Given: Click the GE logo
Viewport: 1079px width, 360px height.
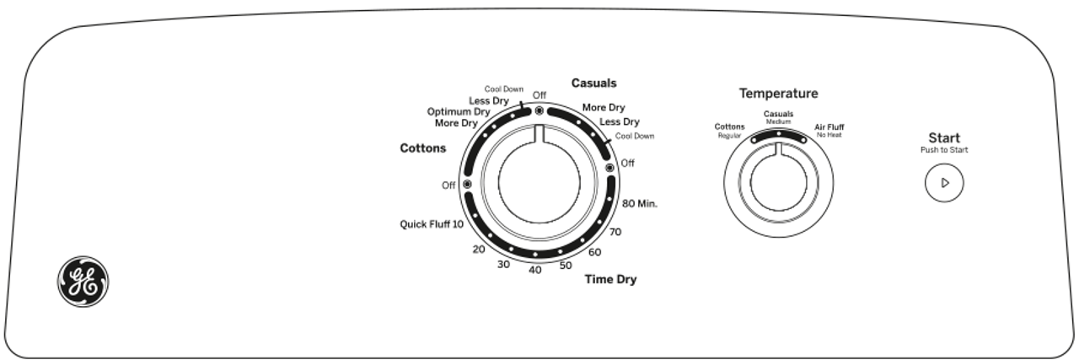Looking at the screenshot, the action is [83, 282].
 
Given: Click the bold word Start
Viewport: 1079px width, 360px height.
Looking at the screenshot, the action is [944, 138].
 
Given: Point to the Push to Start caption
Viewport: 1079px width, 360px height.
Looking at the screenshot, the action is [944, 151].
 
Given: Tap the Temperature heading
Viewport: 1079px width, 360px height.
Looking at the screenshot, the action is [779, 94].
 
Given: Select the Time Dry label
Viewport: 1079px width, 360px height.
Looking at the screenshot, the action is [610, 280].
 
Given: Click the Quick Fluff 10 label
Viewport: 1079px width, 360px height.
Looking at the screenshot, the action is [432, 224].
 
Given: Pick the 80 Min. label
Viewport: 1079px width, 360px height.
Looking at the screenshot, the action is [640, 204].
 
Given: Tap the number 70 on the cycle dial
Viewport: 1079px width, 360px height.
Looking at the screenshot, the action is [615, 232].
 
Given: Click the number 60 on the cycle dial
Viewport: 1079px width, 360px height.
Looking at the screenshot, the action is [594, 252].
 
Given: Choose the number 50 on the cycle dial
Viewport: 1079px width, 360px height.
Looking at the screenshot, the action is [565, 266].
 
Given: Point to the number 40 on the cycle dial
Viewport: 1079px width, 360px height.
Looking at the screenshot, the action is [534, 270].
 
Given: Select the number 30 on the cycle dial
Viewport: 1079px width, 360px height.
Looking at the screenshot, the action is [504, 265].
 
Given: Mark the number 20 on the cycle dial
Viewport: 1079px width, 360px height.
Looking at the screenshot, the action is [479, 250].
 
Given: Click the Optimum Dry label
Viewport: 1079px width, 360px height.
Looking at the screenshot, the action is [459, 111].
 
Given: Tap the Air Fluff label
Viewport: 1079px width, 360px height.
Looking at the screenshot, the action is [829, 127].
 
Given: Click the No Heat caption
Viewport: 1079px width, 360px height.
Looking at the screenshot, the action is [829, 136].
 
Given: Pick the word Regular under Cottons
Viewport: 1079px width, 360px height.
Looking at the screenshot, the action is [728, 136].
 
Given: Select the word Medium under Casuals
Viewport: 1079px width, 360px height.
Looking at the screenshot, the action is [778, 122].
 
